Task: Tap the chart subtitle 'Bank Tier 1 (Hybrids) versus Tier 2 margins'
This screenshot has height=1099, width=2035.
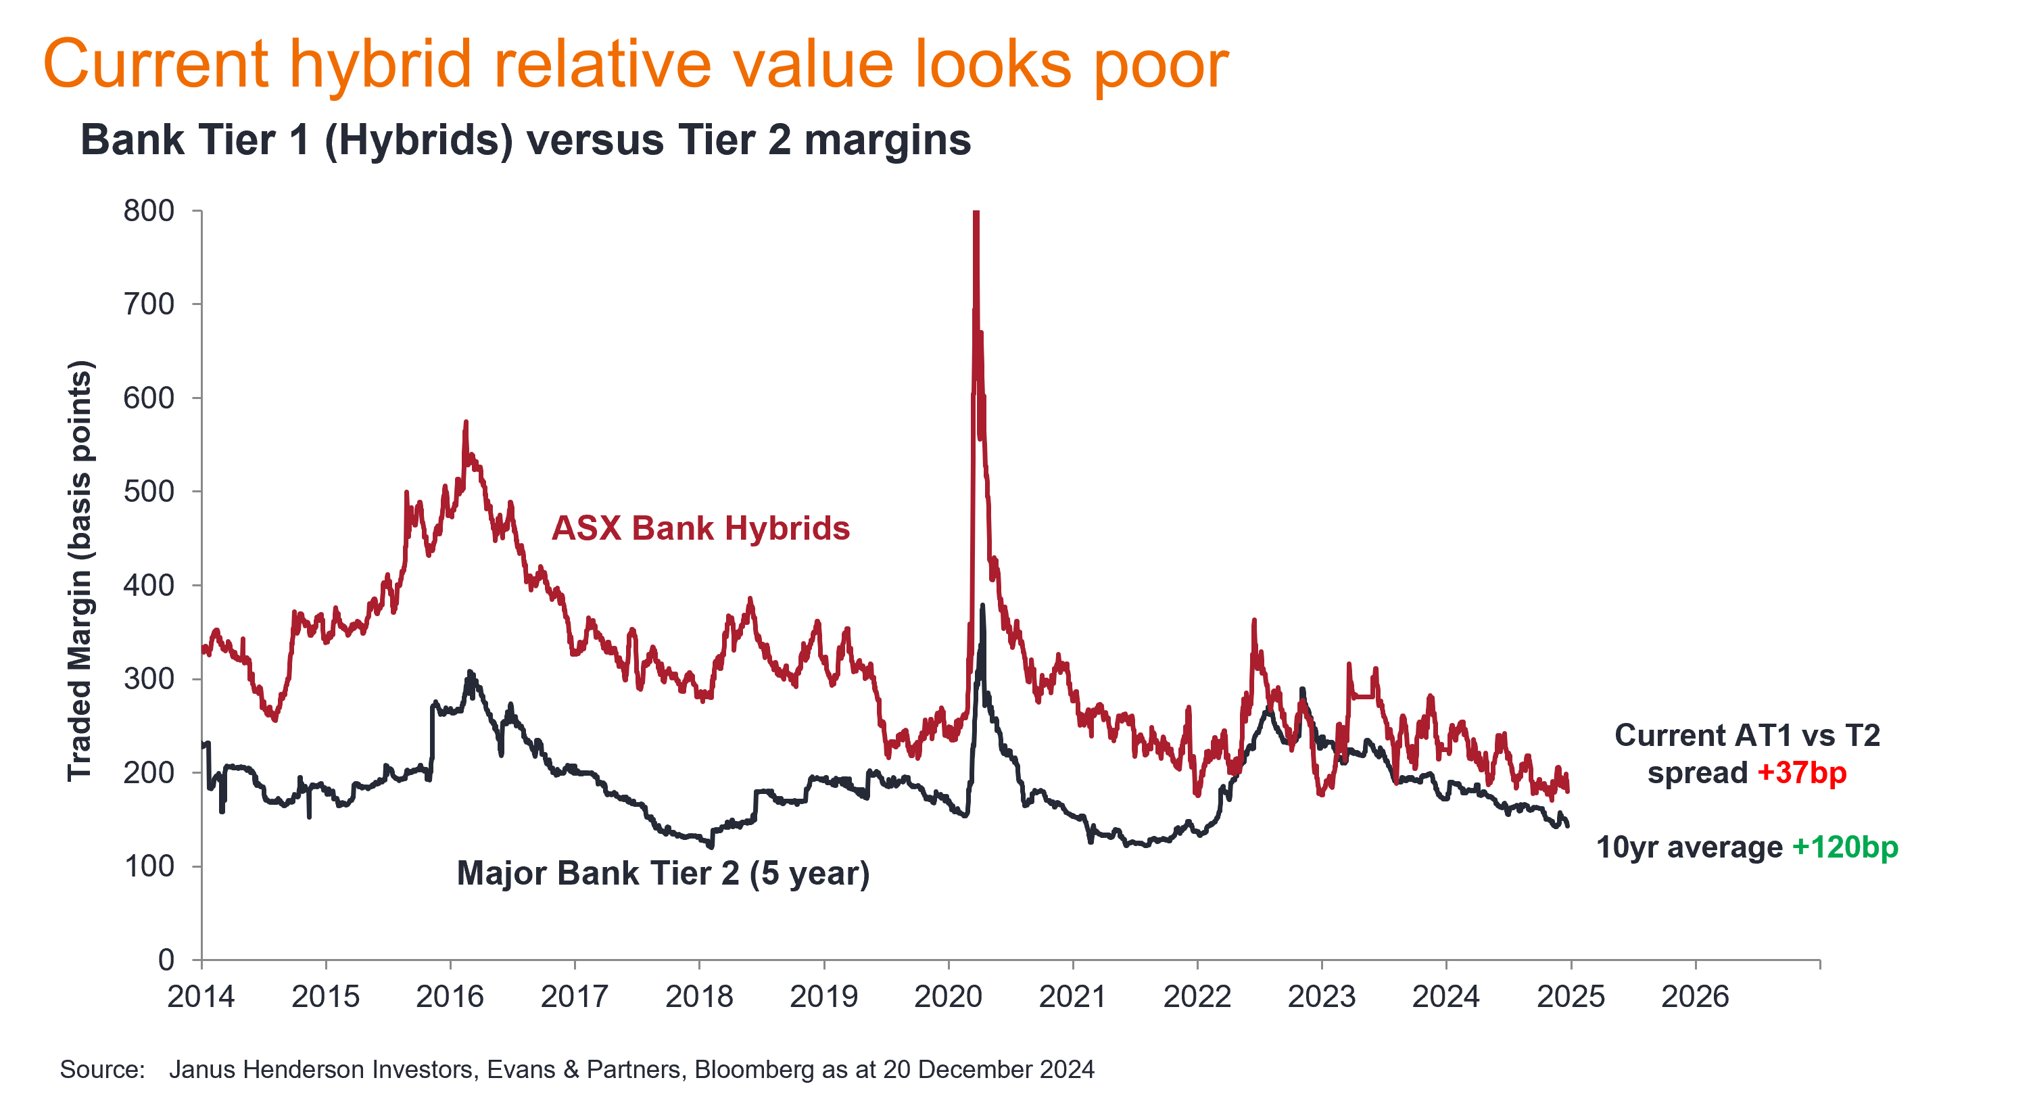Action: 525,141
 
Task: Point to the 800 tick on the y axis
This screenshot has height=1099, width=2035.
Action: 149,211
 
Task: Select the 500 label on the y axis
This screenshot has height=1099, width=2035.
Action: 149,492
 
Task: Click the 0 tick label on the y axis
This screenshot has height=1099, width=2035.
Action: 166,960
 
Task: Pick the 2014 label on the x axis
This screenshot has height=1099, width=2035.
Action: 201,997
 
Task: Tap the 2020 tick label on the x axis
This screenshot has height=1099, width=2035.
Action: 948,997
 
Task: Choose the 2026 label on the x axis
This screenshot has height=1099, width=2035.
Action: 1696,997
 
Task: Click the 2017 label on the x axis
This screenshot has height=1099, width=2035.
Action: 574,997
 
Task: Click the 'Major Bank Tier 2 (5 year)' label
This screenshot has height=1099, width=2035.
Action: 663,874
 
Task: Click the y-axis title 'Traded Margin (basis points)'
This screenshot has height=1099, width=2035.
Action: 80,570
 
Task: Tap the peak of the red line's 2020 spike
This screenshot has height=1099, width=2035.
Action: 976,213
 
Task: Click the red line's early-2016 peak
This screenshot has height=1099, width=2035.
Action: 465,423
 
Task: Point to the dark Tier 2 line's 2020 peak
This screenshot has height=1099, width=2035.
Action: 983,606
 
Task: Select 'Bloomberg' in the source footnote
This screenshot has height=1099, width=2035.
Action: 754,1070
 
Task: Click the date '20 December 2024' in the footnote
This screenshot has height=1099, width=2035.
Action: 988,1070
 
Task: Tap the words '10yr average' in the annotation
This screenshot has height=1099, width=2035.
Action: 1689,847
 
